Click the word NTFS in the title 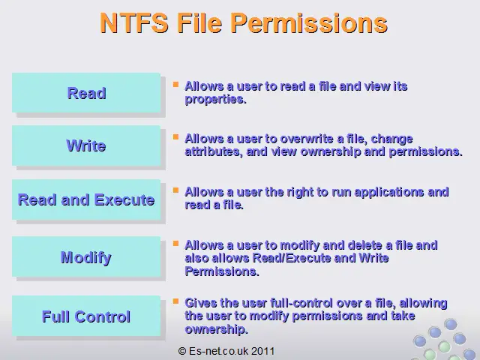[134, 23]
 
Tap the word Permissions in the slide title [309, 24]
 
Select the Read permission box [86, 93]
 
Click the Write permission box [86, 145]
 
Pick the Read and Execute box [86, 199]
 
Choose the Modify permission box [86, 257]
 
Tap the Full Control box [86, 316]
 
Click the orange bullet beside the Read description [175, 84]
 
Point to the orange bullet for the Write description [175, 136]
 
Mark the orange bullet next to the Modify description [175, 243]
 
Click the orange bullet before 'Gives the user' [175, 301]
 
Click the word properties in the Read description [216, 100]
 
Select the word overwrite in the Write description [307, 139]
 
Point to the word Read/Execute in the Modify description [292, 258]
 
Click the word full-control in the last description [301, 303]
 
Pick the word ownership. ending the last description [217, 330]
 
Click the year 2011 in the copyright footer [263, 351]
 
